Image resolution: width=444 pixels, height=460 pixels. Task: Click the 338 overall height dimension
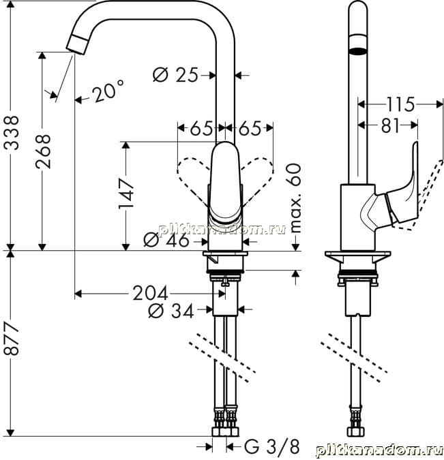12,133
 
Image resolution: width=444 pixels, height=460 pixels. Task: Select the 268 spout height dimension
43,151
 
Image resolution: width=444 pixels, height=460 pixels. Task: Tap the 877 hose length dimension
12,339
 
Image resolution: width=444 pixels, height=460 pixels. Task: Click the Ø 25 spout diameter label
175,75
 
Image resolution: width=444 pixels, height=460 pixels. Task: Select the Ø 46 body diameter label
166,241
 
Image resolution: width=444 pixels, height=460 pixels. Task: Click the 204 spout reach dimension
150,293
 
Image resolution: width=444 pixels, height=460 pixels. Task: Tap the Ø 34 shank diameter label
171,311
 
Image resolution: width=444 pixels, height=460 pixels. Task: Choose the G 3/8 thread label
272,447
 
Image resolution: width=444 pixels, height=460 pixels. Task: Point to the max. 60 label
294,198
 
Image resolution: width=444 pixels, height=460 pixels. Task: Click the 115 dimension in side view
400,104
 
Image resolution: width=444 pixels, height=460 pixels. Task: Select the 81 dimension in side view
390,126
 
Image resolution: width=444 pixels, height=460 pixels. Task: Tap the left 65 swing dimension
201,129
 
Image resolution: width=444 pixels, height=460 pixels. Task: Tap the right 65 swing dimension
250,129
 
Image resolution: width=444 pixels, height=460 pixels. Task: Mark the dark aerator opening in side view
358,50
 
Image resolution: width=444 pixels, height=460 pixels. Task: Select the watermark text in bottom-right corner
379,451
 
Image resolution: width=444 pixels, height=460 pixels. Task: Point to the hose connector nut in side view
355,431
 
